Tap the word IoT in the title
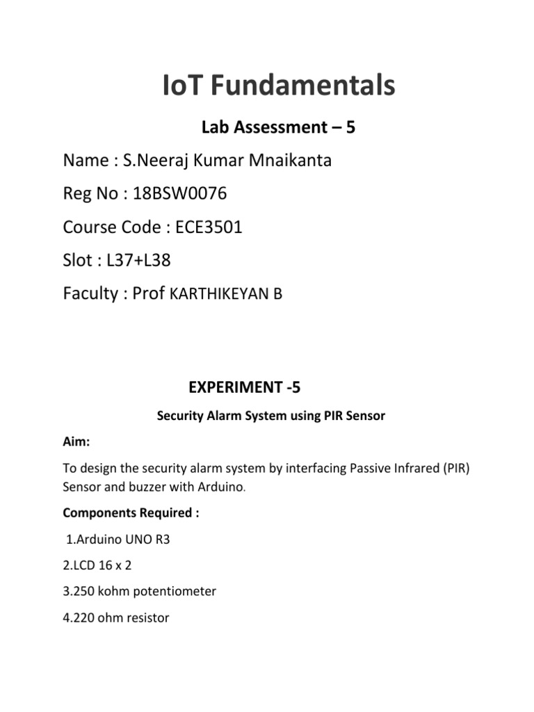point(183,86)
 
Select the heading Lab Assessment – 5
point(278,127)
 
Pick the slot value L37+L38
point(139,260)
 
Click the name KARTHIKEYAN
point(219,294)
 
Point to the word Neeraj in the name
point(156,161)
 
